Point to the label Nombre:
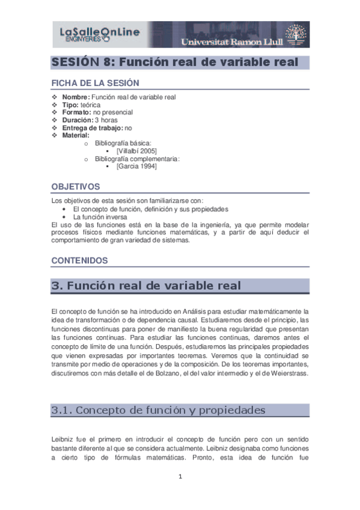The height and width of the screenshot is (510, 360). [76, 97]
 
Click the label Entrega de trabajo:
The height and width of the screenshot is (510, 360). [93, 127]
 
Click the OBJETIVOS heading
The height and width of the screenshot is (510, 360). [75, 187]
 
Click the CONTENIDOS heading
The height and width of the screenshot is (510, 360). [79, 260]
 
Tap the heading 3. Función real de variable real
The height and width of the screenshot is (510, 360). [146, 286]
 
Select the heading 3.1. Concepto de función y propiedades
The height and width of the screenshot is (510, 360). [158, 410]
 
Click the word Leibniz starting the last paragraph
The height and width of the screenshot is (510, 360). [62, 440]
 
